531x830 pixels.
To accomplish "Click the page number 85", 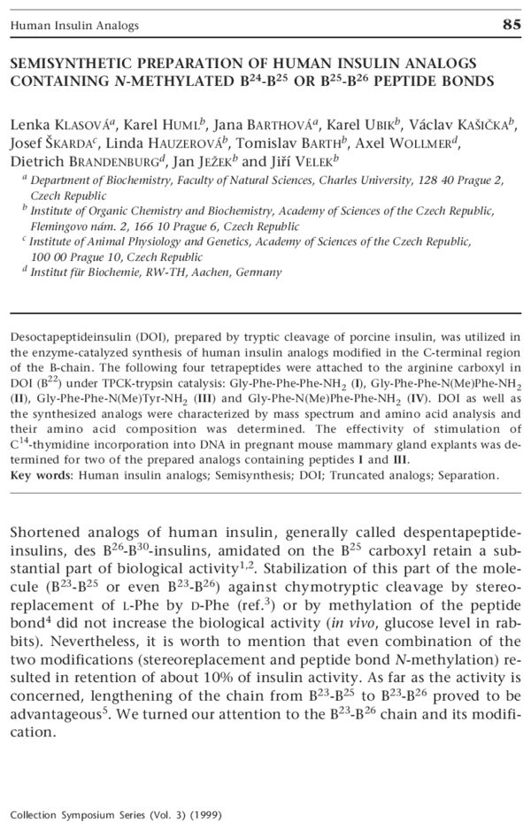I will [511, 25].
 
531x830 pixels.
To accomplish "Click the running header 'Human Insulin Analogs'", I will [73, 26].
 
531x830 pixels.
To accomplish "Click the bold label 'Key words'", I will [42, 474].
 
